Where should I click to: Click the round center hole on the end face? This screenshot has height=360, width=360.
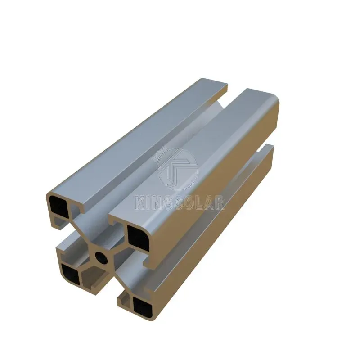102,256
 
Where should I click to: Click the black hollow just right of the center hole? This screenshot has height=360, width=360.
138,238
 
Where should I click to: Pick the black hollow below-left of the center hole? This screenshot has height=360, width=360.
71,274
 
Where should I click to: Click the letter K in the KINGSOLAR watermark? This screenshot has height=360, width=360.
140,202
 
